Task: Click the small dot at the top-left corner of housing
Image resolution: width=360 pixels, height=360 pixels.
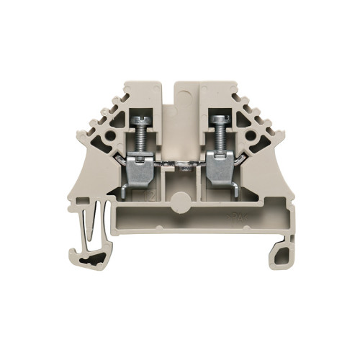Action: (128, 92)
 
